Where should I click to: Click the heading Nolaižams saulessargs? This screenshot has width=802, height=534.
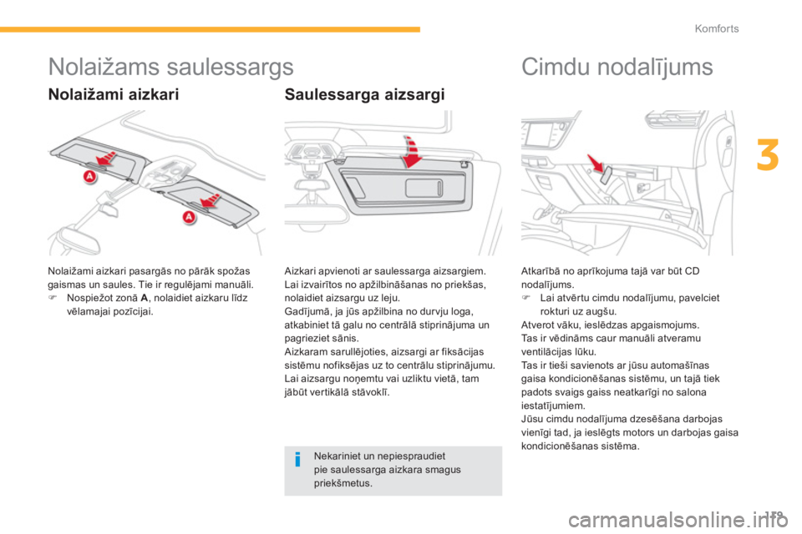[170, 66]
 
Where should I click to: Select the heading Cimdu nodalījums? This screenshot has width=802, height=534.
[617, 67]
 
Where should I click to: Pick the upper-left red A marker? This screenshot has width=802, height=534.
[88, 177]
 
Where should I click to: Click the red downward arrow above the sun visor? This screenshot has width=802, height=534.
[410, 151]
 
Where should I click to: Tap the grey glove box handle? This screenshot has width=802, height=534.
[608, 173]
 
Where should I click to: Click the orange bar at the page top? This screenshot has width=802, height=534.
[209, 29]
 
